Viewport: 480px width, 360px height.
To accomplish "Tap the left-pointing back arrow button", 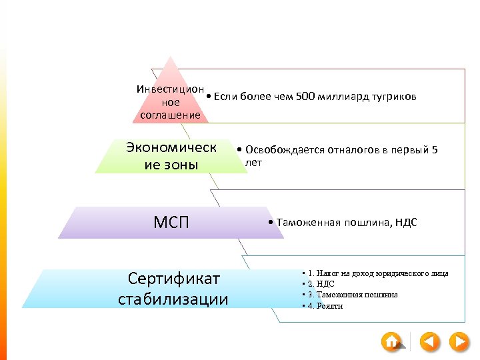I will click(x=430, y=342).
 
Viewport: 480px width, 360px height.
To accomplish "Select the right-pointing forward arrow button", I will click(x=459, y=342).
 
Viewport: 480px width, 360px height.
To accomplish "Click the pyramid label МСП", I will click(x=172, y=222).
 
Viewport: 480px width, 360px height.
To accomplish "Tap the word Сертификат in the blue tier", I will click(x=174, y=278).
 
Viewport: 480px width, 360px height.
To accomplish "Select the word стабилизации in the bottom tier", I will click(x=173, y=299).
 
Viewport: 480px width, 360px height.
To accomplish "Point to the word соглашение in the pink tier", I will click(x=171, y=115).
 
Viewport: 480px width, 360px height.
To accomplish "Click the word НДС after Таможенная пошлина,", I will click(x=405, y=223).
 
